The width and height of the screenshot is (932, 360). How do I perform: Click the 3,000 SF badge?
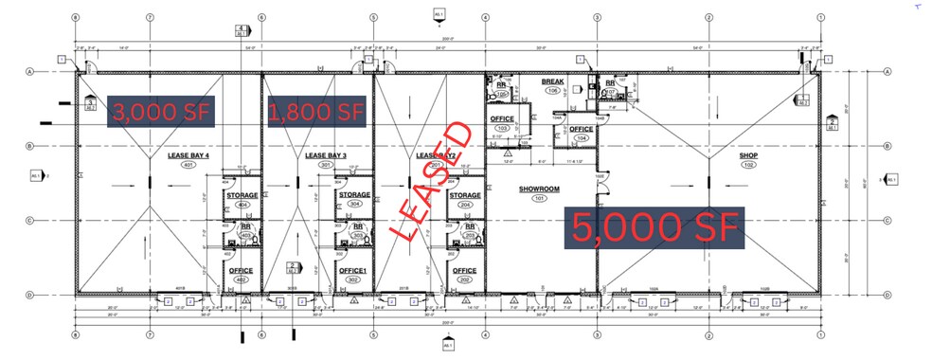click(x=162, y=111)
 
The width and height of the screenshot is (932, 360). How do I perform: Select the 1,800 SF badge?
click(x=316, y=111)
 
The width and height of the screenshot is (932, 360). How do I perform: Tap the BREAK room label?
click(x=552, y=82)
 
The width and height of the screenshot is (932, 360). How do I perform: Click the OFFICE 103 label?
click(x=502, y=119)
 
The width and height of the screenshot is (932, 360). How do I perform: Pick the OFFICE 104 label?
click(x=581, y=130)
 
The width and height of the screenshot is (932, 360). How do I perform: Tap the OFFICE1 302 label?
click(x=353, y=271)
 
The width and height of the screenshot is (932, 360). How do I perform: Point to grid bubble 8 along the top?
click(x=75, y=17)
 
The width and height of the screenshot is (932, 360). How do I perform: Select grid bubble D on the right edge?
click(x=887, y=295)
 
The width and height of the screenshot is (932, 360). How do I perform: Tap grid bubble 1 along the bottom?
click(x=820, y=334)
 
